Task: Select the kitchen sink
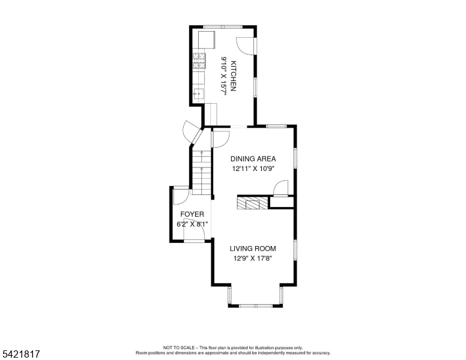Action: coord(199,94)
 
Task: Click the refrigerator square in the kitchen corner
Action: coord(207,39)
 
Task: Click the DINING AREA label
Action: coord(253,159)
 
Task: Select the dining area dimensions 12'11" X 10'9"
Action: coord(253,169)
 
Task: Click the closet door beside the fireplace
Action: coord(279,189)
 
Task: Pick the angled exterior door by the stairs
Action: coord(192,133)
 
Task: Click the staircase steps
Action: coord(201,171)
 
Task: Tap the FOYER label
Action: coord(192,214)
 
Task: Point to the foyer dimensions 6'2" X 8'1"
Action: coord(192,224)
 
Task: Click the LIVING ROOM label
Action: coord(253,248)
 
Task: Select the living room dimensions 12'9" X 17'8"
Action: coord(253,259)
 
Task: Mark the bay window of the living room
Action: coord(255,302)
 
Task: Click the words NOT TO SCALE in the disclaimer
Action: coord(177,347)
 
